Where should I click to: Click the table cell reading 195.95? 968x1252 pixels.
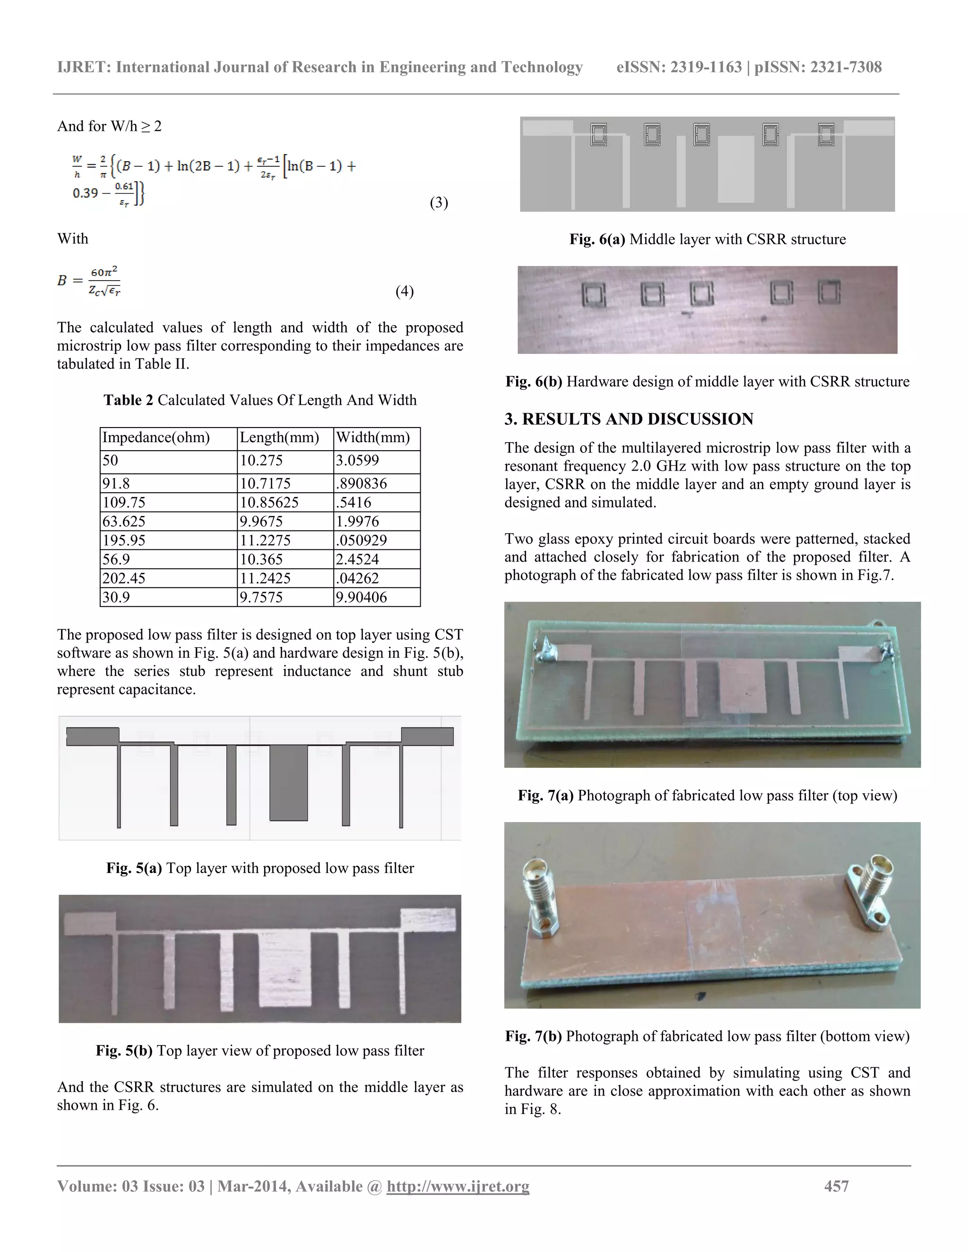pos(124,540)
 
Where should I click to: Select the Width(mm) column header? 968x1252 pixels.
pos(373,438)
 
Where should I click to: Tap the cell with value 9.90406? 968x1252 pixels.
pos(361,597)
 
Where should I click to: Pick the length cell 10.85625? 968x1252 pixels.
pos(269,502)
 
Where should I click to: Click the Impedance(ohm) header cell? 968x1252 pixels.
pos(156,438)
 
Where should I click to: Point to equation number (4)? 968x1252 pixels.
pos(404,291)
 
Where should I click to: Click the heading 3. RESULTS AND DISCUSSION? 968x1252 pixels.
pos(629,419)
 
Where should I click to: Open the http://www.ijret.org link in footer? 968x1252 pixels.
pos(458,1186)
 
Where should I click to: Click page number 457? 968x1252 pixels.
pos(836,1186)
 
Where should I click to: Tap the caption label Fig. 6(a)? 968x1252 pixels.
pos(597,239)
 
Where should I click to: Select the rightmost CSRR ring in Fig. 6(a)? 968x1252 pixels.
pos(826,135)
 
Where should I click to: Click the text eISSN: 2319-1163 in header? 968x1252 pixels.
pos(679,67)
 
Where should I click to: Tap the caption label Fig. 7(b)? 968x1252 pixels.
pos(533,1036)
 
